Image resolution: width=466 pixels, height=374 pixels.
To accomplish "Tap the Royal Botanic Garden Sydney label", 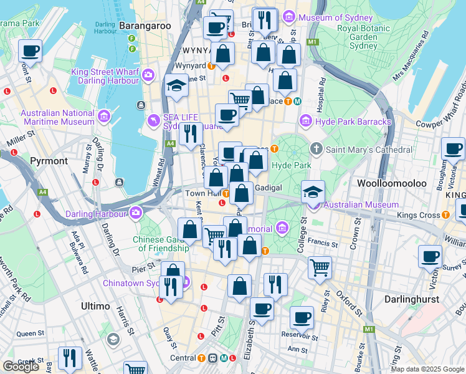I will click(358, 36).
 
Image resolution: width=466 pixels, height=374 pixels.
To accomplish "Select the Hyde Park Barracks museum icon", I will click(305, 120).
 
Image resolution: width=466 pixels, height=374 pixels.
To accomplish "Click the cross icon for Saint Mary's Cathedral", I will click(316, 149).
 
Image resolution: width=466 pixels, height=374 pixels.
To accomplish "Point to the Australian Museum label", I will click(361, 204).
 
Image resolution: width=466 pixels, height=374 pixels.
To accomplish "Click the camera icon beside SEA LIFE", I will click(154, 120).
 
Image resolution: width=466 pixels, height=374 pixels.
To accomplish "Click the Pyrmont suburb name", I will click(49, 161).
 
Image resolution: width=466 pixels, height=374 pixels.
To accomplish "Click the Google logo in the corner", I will click(21, 367).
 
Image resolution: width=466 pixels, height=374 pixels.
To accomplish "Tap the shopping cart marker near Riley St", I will click(320, 267).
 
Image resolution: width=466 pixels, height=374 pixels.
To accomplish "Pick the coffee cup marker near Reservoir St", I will click(302, 317).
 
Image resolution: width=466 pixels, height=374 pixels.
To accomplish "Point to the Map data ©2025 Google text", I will click(427, 369).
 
